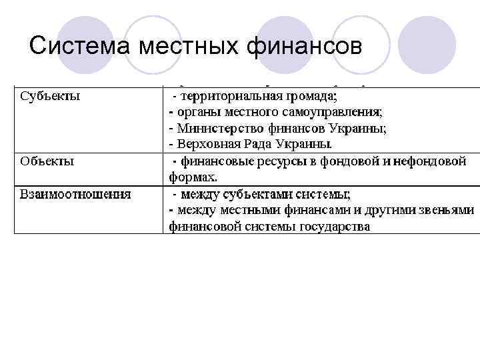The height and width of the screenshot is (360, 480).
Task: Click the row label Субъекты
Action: pos(50,95)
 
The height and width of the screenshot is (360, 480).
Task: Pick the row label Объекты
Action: pos(47,161)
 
